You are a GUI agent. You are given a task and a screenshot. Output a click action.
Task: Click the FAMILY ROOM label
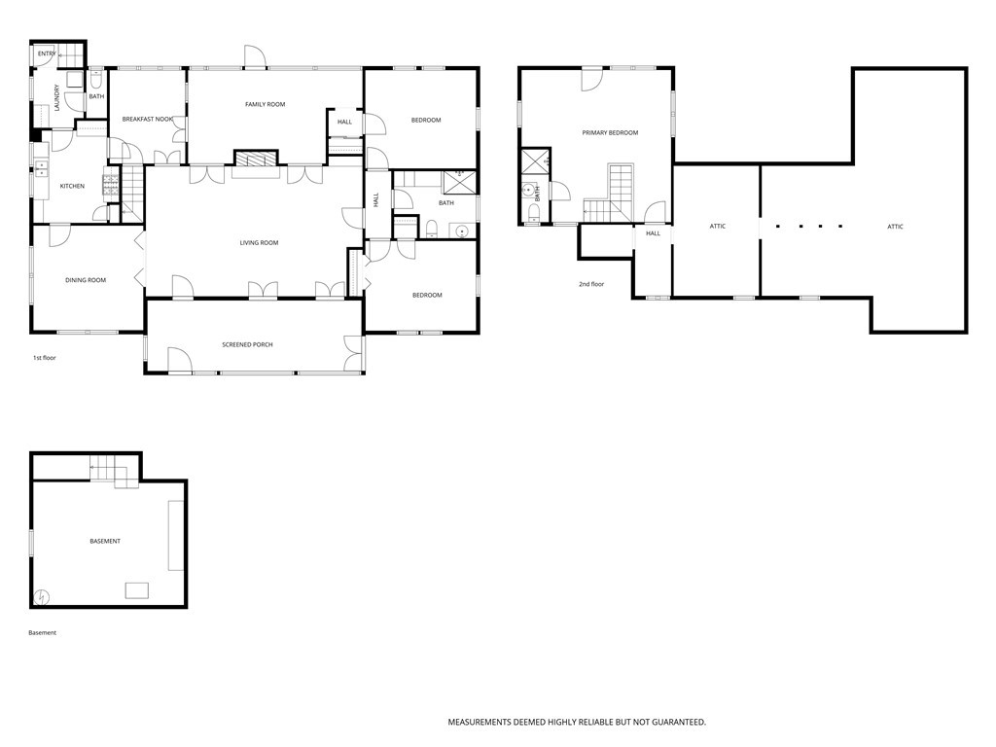265,104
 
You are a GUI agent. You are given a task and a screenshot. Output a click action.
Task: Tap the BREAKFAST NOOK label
148,120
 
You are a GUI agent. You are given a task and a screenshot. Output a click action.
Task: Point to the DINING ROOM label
86,280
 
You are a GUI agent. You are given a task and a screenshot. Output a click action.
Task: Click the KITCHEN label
72,186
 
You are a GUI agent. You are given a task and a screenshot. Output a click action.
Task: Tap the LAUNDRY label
57,98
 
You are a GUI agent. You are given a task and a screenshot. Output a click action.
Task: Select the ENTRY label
47,53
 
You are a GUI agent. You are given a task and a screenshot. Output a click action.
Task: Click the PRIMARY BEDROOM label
610,132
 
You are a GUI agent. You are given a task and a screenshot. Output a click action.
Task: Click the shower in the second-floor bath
535,161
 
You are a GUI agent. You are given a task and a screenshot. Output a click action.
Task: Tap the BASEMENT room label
105,541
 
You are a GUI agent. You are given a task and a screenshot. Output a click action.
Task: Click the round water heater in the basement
42,597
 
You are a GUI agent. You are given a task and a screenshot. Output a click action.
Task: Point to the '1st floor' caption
45,358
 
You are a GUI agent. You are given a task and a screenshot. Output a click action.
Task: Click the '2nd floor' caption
591,284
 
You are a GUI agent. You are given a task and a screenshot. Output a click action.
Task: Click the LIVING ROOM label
259,243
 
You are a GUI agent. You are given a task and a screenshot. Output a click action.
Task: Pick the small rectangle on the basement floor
136,589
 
